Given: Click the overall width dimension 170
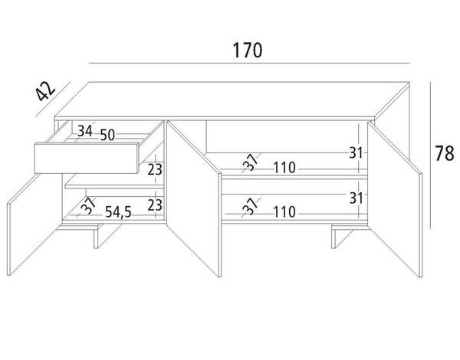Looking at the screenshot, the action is [x=248, y=50].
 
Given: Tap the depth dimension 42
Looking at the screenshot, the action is [x=45, y=90].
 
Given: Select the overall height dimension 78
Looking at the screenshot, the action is [x=444, y=153].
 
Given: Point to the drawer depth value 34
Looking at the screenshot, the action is [x=85, y=131].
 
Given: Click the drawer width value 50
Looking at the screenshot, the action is [x=107, y=135].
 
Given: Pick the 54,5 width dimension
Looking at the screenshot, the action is [x=118, y=212].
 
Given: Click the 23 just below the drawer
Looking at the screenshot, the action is [x=155, y=169].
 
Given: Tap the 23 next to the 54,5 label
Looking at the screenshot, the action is [x=155, y=205].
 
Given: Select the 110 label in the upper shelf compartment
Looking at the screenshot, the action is [x=284, y=168].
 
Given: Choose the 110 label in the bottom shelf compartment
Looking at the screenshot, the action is [x=284, y=211].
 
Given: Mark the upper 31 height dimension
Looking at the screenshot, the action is [x=356, y=152].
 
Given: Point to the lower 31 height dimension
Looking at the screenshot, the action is [x=356, y=198].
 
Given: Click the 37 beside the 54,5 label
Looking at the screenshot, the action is [x=88, y=205].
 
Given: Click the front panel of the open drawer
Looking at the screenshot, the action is [x=86, y=158].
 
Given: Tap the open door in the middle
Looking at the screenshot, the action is [x=194, y=198].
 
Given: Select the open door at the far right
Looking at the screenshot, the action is [x=395, y=199].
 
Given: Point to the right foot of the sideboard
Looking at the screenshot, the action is [x=340, y=237].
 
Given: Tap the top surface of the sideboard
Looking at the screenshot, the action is [x=232, y=100].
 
